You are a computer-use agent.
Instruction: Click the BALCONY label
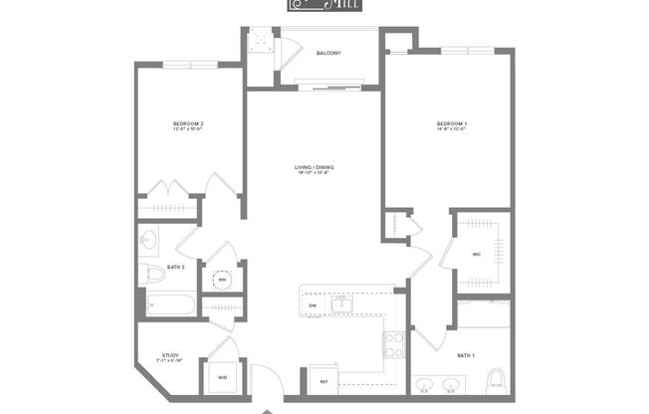click(328, 52)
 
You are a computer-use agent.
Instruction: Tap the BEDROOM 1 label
click(451, 124)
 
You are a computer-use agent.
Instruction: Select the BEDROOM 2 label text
click(188, 124)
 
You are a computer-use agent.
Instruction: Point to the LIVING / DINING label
click(313, 168)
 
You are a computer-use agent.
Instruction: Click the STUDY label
click(170, 353)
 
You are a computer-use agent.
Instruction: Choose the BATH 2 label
click(175, 268)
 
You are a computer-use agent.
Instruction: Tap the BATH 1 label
click(465, 354)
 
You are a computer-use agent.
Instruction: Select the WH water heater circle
click(223, 280)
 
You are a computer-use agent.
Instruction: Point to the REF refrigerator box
click(324, 381)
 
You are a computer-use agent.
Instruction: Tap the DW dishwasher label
click(313, 306)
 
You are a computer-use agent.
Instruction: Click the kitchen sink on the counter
click(342, 303)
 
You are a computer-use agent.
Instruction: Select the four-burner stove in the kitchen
click(394, 344)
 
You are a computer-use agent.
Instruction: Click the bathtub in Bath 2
click(170, 304)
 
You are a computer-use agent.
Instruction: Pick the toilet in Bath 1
click(496, 379)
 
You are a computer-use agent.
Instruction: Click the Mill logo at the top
click(324, 5)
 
